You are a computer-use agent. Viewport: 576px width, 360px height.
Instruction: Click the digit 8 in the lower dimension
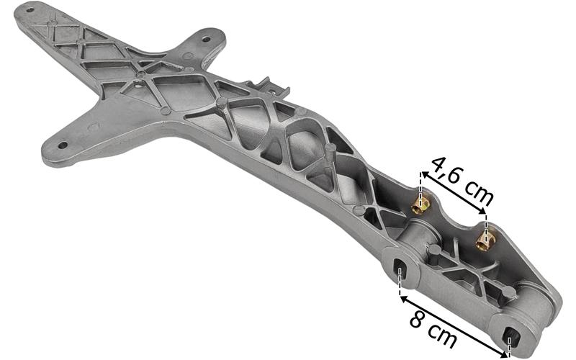418,320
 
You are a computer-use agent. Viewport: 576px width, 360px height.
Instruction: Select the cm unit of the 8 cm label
443,335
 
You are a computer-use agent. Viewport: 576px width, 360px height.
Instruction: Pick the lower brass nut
485,240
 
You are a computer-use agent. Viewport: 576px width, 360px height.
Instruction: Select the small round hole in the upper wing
207,39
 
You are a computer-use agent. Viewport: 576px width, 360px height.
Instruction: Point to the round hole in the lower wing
62,145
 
